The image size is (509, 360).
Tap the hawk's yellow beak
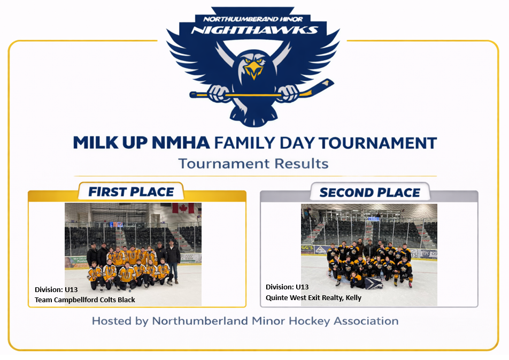click(253, 70)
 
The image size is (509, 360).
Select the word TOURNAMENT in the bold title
click(377, 143)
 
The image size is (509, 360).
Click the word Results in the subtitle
click(302, 164)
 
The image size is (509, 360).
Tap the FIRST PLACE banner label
click(131, 192)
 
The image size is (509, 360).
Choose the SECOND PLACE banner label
click(370, 193)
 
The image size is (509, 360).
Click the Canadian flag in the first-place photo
click(183, 208)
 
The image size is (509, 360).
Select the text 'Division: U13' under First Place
click(56, 289)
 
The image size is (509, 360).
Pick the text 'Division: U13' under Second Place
click(287, 287)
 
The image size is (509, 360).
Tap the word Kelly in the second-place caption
click(353, 297)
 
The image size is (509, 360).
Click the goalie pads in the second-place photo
click(373, 282)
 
